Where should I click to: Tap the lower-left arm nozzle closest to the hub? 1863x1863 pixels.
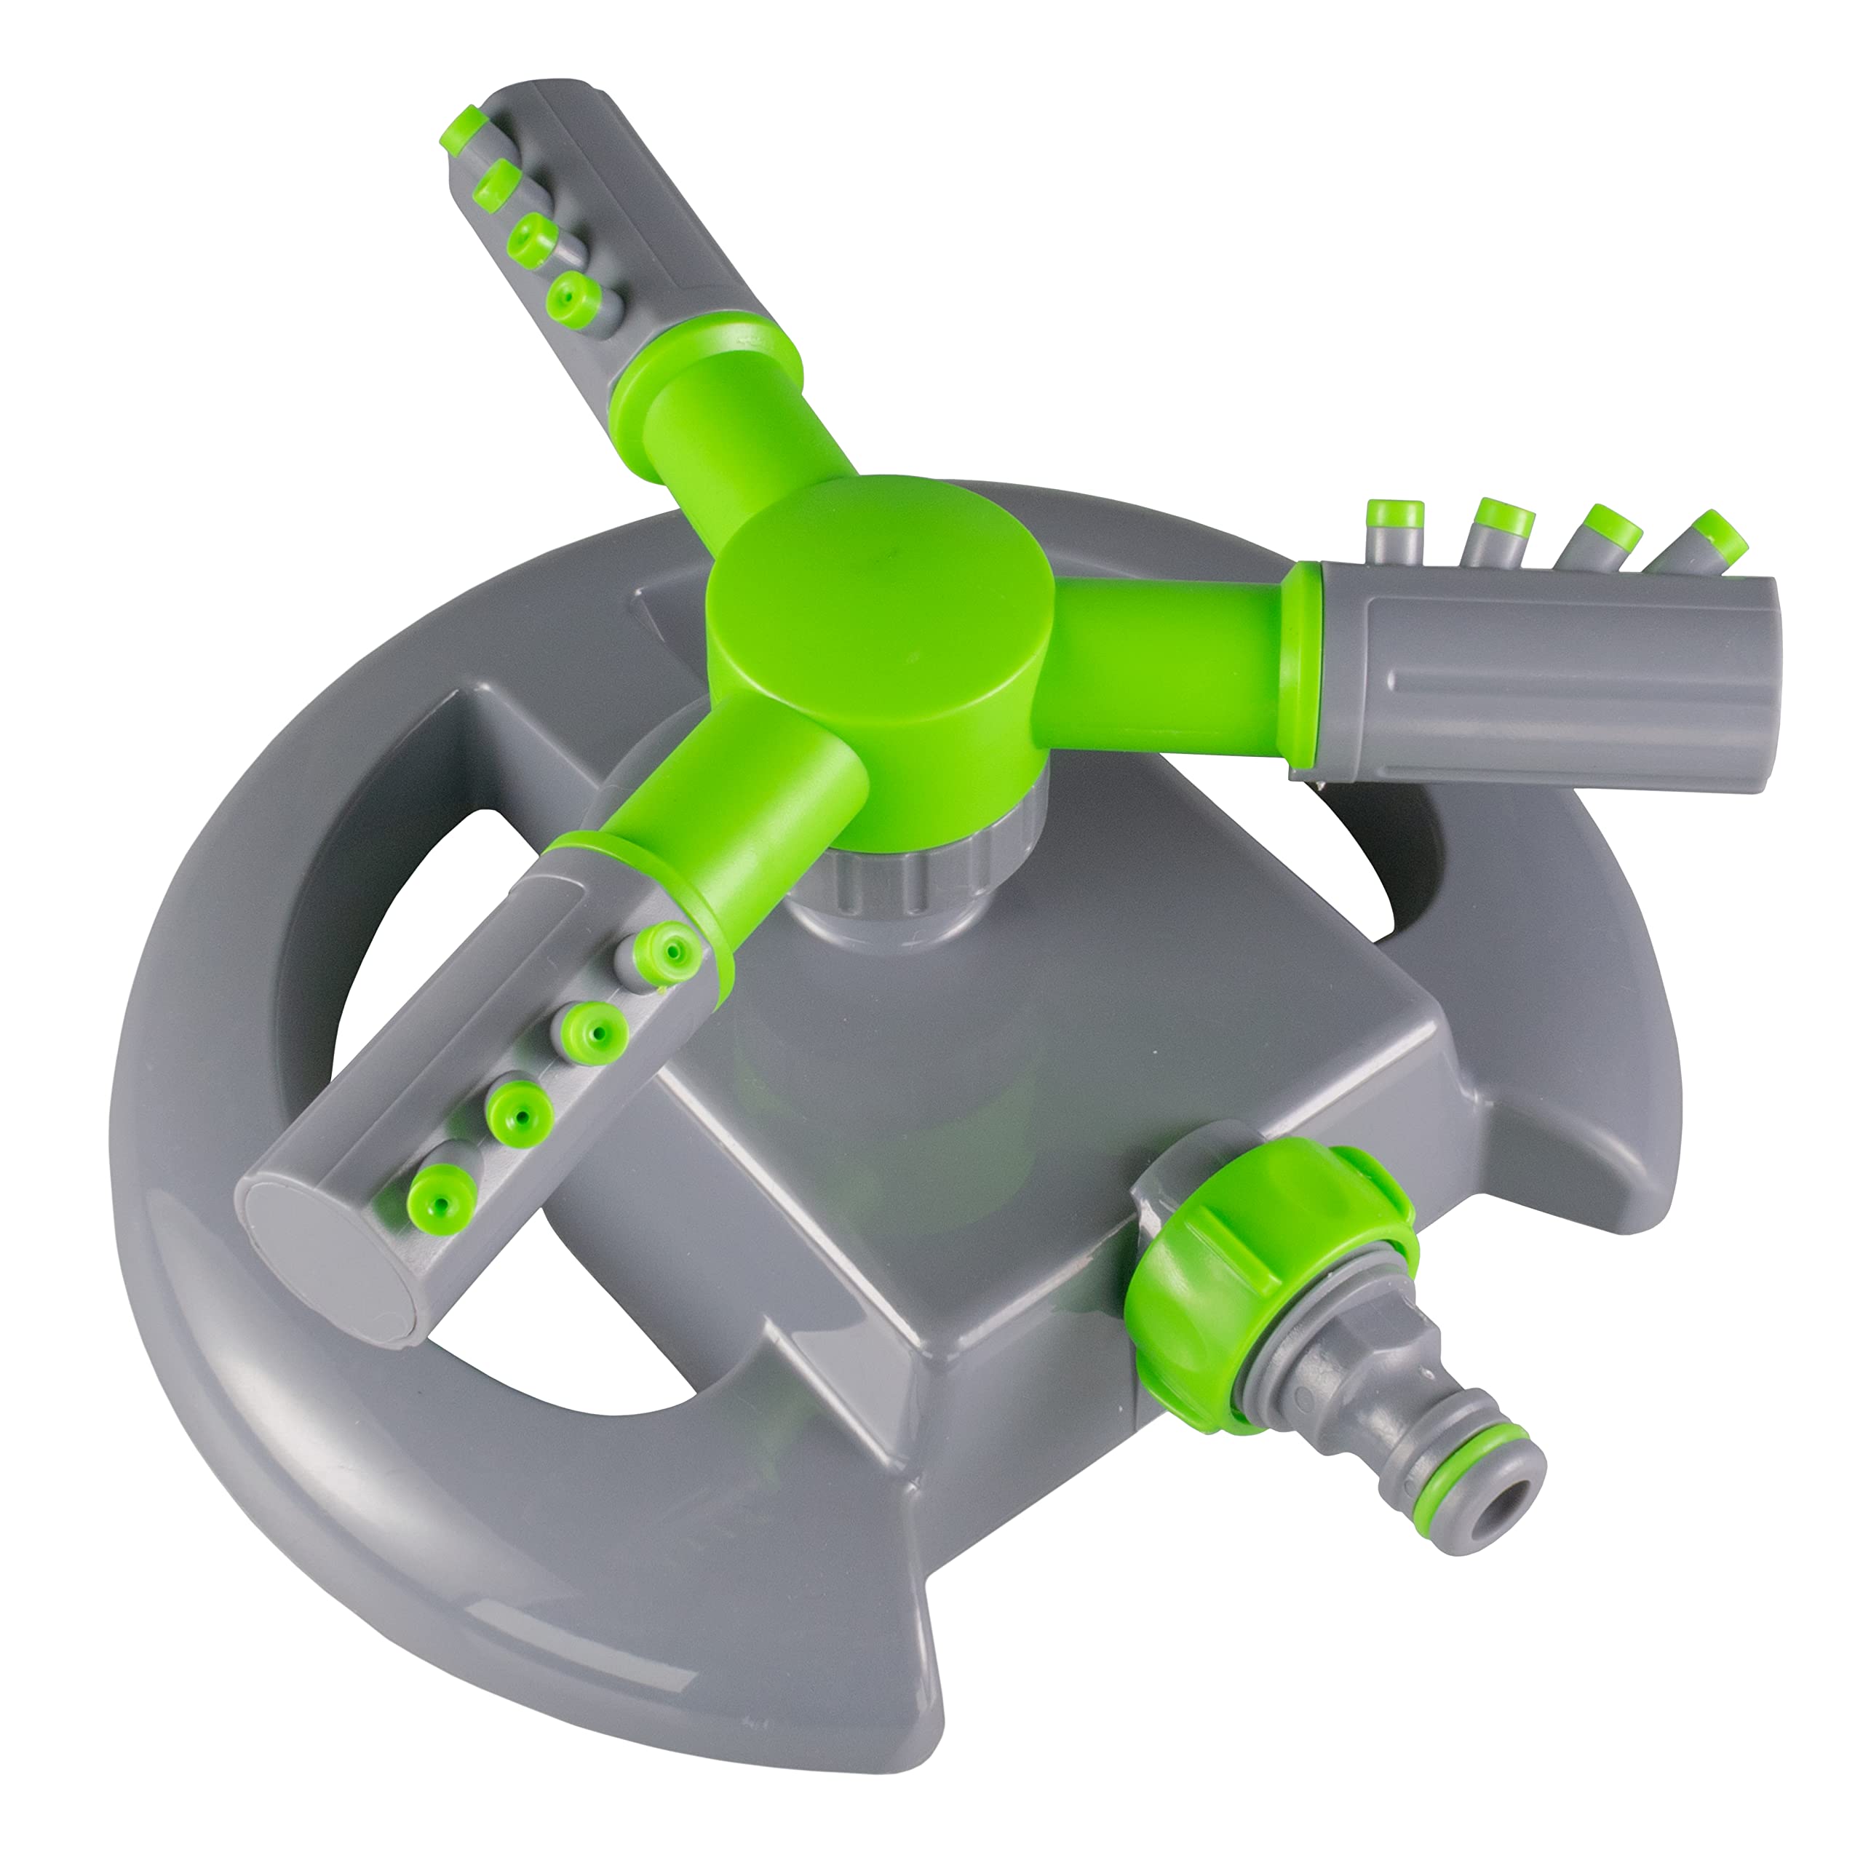(x=667, y=950)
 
